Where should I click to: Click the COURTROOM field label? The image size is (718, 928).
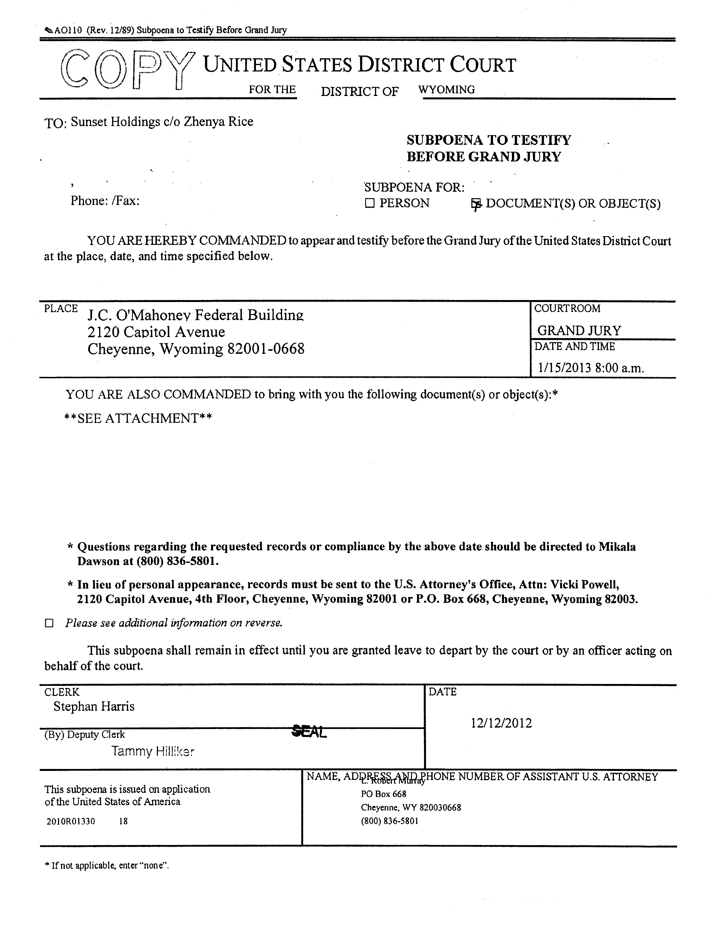[567, 308]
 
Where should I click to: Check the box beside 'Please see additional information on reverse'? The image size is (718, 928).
[49, 623]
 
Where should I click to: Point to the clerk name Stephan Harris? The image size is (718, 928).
[94, 706]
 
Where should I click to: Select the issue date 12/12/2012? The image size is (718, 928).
[501, 723]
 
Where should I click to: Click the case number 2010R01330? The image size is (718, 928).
[71, 821]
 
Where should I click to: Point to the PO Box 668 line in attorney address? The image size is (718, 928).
[383, 794]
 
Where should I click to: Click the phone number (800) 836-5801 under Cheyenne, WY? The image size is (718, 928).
[389, 821]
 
